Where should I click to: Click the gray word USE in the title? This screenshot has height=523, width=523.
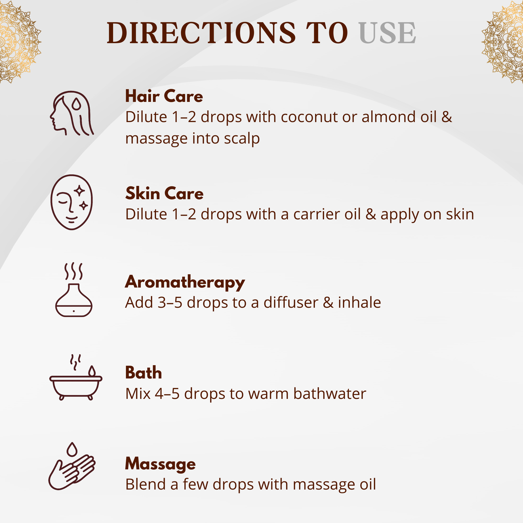coord(387,33)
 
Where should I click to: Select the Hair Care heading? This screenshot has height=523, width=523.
coord(164,96)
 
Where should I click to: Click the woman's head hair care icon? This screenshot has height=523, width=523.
coord(72,113)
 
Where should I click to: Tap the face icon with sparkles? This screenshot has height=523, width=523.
coord(72,202)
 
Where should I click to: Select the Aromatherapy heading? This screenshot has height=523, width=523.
coord(185,282)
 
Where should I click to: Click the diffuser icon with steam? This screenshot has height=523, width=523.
coord(74,289)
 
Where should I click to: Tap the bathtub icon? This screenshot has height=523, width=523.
coord(76,377)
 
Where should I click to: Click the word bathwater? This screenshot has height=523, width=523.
coord(330,394)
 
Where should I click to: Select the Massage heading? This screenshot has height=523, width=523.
coord(160,465)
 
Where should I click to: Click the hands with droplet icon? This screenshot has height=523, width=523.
coord(72,466)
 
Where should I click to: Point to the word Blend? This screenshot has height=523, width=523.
coord(146,484)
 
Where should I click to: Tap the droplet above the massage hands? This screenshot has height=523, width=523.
coord(72,449)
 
